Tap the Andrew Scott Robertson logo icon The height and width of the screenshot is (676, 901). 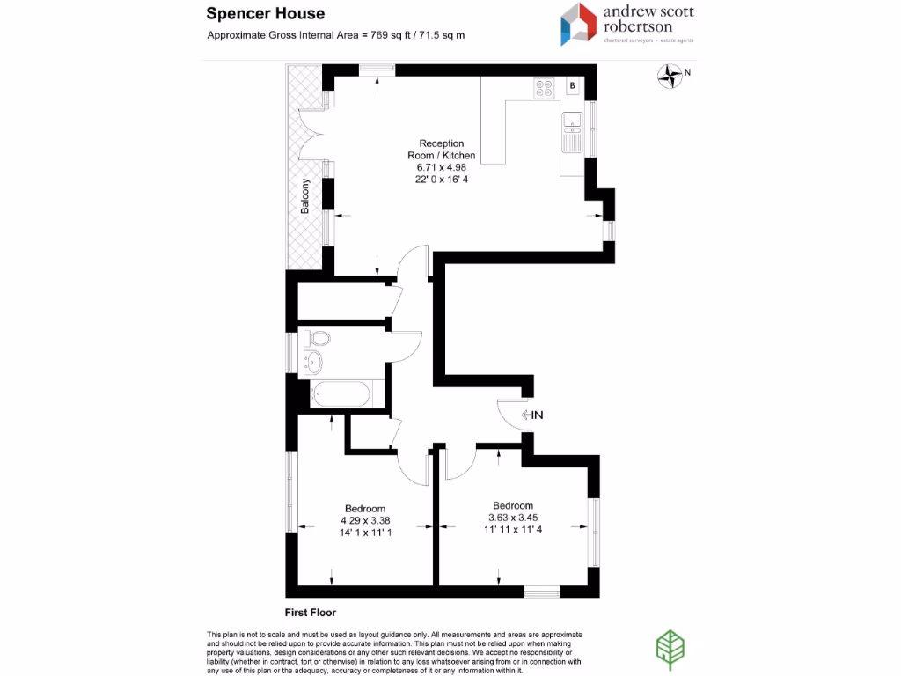click(x=579, y=24)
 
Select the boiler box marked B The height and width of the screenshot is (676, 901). click(x=572, y=85)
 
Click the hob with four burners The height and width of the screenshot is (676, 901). click(x=543, y=87)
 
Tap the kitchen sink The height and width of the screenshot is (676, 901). click(x=572, y=132)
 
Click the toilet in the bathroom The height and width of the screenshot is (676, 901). click(x=320, y=338)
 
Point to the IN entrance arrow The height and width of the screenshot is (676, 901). click(x=532, y=415)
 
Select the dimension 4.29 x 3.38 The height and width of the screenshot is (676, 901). click(x=365, y=520)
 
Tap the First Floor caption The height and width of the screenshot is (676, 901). click(x=311, y=612)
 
